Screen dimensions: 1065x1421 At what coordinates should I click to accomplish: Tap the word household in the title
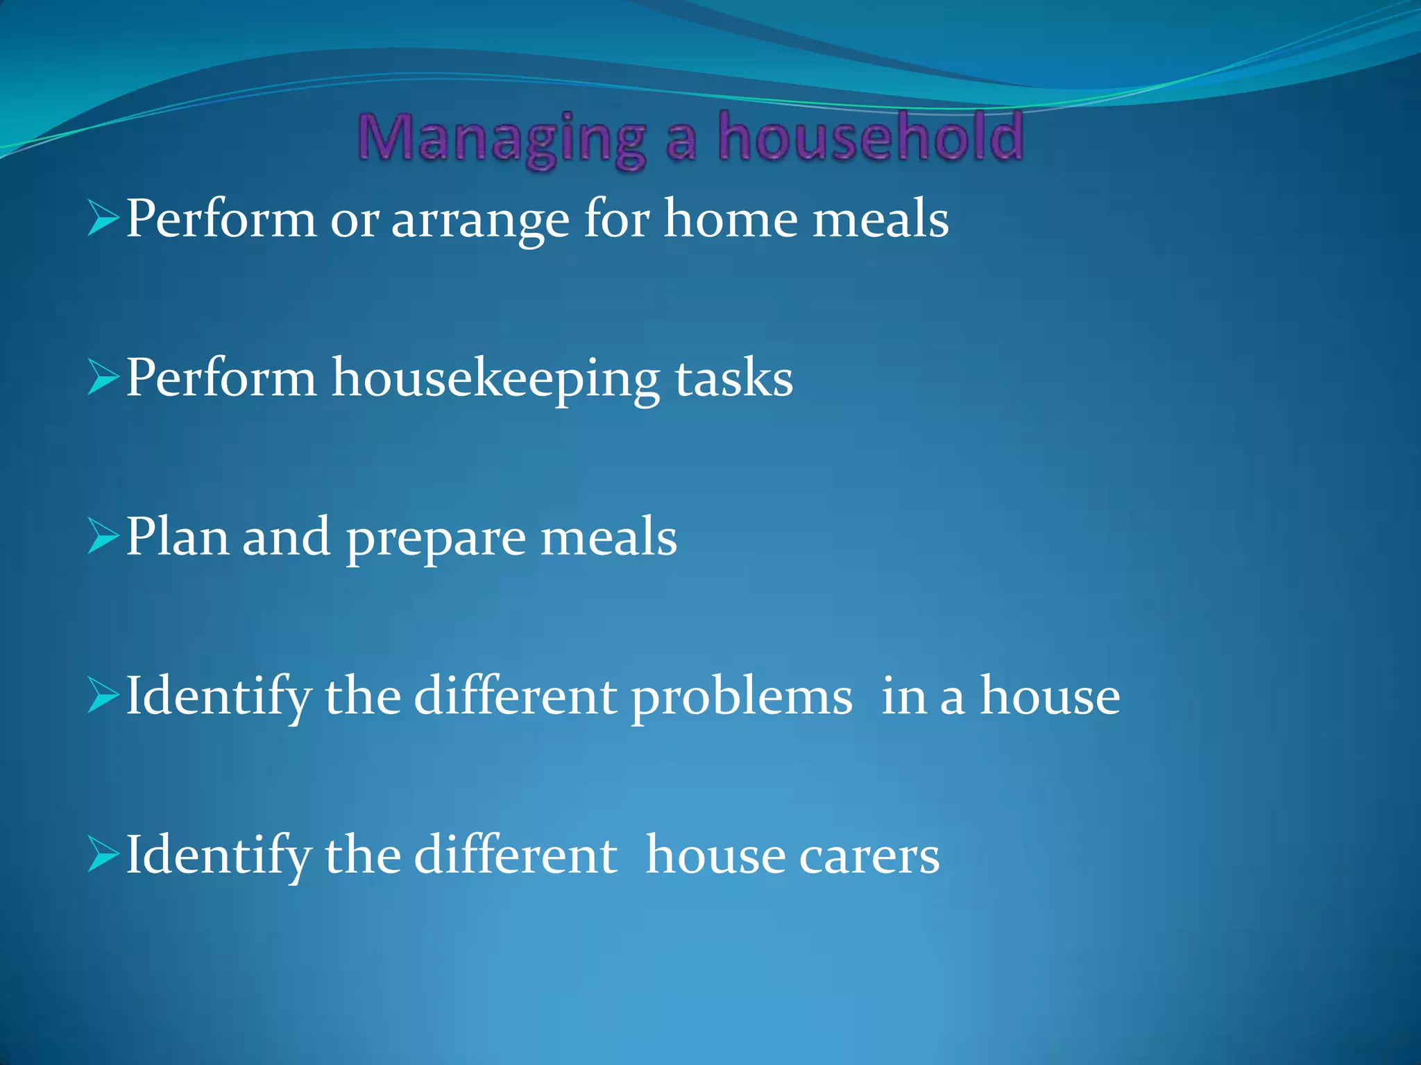click(x=871, y=137)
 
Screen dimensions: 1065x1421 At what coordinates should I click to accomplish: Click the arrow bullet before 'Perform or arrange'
click(x=103, y=221)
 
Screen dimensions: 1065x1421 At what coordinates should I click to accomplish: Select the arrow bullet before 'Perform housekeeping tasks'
click(x=103, y=380)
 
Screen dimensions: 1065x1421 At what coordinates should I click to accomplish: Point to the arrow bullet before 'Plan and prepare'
click(x=103, y=539)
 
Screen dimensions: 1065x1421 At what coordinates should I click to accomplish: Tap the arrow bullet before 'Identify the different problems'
click(x=103, y=698)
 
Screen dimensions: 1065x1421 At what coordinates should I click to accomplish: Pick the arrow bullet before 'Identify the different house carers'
click(x=103, y=856)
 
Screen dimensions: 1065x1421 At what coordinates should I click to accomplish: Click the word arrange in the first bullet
click(x=481, y=220)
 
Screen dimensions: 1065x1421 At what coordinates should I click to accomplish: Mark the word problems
click(x=742, y=697)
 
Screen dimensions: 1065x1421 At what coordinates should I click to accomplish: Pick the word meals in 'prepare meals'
click(x=609, y=537)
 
